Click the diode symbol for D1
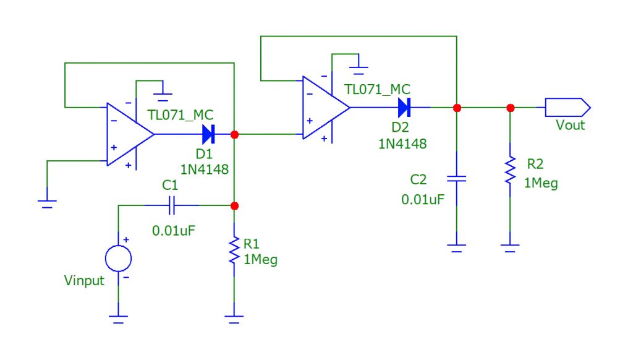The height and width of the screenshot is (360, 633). click(x=208, y=134)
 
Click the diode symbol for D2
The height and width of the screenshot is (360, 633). click(x=404, y=108)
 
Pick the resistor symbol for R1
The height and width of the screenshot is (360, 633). click(x=234, y=251)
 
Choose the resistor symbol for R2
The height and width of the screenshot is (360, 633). click(x=510, y=169)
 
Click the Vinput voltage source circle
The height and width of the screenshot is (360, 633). click(x=118, y=257)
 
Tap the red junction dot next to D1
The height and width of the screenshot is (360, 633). click(x=234, y=134)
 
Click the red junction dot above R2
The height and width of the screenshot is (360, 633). click(x=510, y=108)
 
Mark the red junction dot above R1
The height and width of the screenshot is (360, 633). click(x=234, y=205)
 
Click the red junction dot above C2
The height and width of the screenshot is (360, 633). click(x=457, y=108)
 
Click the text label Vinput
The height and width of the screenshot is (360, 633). click(x=84, y=281)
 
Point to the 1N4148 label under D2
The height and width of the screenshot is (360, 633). click(x=402, y=144)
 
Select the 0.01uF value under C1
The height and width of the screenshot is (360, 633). click(x=174, y=231)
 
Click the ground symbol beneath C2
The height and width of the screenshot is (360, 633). click(x=456, y=247)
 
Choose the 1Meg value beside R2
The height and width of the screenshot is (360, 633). click(x=541, y=183)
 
